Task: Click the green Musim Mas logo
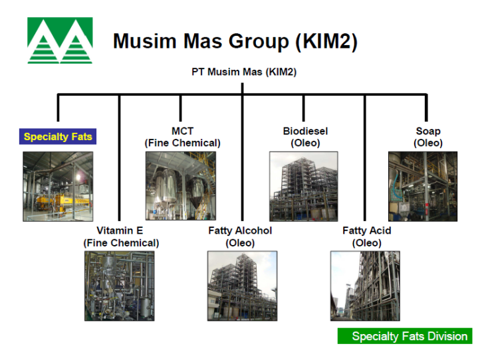coord(60,41)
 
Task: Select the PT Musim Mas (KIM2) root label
coord(243,72)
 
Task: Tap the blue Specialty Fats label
coord(57,137)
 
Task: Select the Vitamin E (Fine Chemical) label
coord(120,237)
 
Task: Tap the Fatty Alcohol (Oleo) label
coord(240,237)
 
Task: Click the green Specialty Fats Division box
coord(404,336)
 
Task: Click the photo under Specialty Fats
coord(58,186)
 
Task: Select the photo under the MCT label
coord(180,186)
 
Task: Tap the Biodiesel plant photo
coord(303,186)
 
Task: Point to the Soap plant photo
coord(423,186)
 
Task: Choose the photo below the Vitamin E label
coord(119,286)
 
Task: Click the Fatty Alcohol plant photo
coord(242,286)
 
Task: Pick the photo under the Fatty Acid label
coord(365,286)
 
